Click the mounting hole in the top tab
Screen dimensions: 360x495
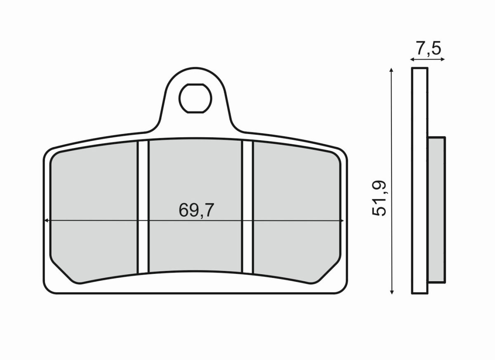click(x=195, y=98)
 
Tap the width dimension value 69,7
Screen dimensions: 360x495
click(x=196, y=211)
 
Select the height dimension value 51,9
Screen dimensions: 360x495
click(x=379, y=198)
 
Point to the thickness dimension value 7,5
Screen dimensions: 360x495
click(x=428, y=49)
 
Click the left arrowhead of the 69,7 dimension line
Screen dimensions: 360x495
click(x=47, y=221)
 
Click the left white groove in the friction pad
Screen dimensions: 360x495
click(x=142, y=206)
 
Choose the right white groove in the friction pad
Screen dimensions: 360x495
click(x=247, y=206)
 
